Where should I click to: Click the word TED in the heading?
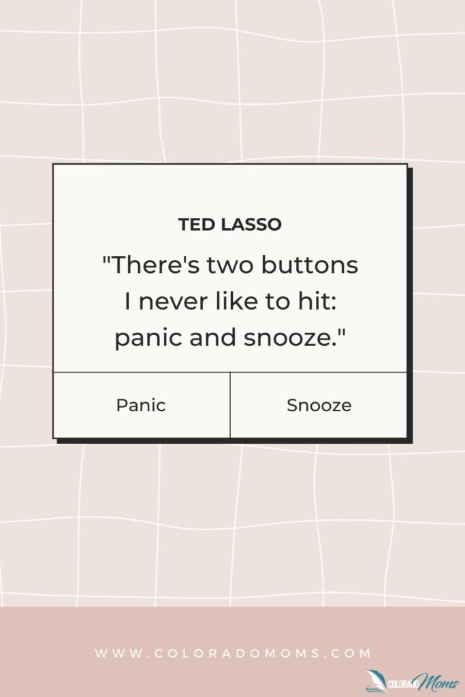point(193,225)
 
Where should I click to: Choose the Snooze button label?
point(319,406)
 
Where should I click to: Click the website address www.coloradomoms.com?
point(233,653)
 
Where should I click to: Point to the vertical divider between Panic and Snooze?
point(230,405)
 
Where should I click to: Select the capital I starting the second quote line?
point(128,302)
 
